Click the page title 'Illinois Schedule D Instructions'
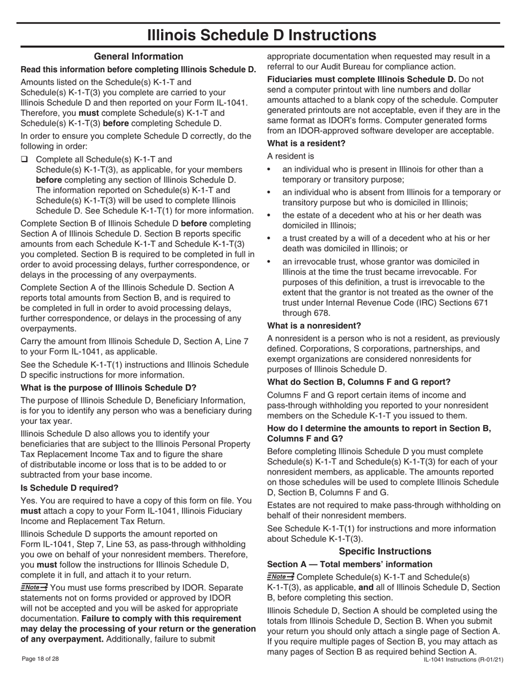[x=262, y=35]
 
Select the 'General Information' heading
[x=138, y=56]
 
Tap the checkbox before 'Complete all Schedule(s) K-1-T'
[x=24, y=160]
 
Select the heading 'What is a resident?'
[x=306, y=143]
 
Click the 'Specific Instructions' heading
[x=385, y=551]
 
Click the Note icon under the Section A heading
[x=280, y=576]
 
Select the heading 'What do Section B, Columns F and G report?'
[x=359, y=381]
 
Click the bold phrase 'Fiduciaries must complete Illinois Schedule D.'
[x=361, y=79]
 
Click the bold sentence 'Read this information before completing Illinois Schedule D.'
[x=138, y=69]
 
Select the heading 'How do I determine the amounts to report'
[x=378, y=428]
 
